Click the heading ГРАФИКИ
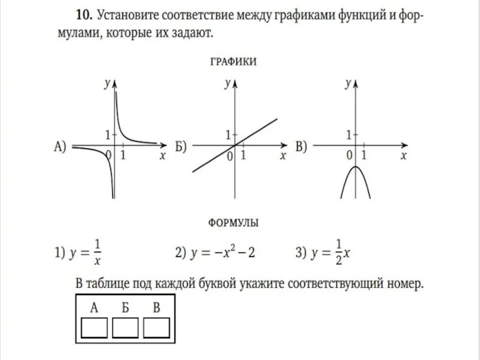pos(233,61)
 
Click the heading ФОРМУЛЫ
pos(233,223)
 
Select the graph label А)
pos(60,146)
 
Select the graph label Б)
pos(181,146)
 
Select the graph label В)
pos(301,146)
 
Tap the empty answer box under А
pos(94,328)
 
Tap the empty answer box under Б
pos(125,328)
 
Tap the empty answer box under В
pos(156,328)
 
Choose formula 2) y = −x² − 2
pos(215,253)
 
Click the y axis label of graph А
pos(106,85)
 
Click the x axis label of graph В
pos(404,155)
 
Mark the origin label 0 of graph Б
pos(229,156)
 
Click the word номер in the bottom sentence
pos(403,284)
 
